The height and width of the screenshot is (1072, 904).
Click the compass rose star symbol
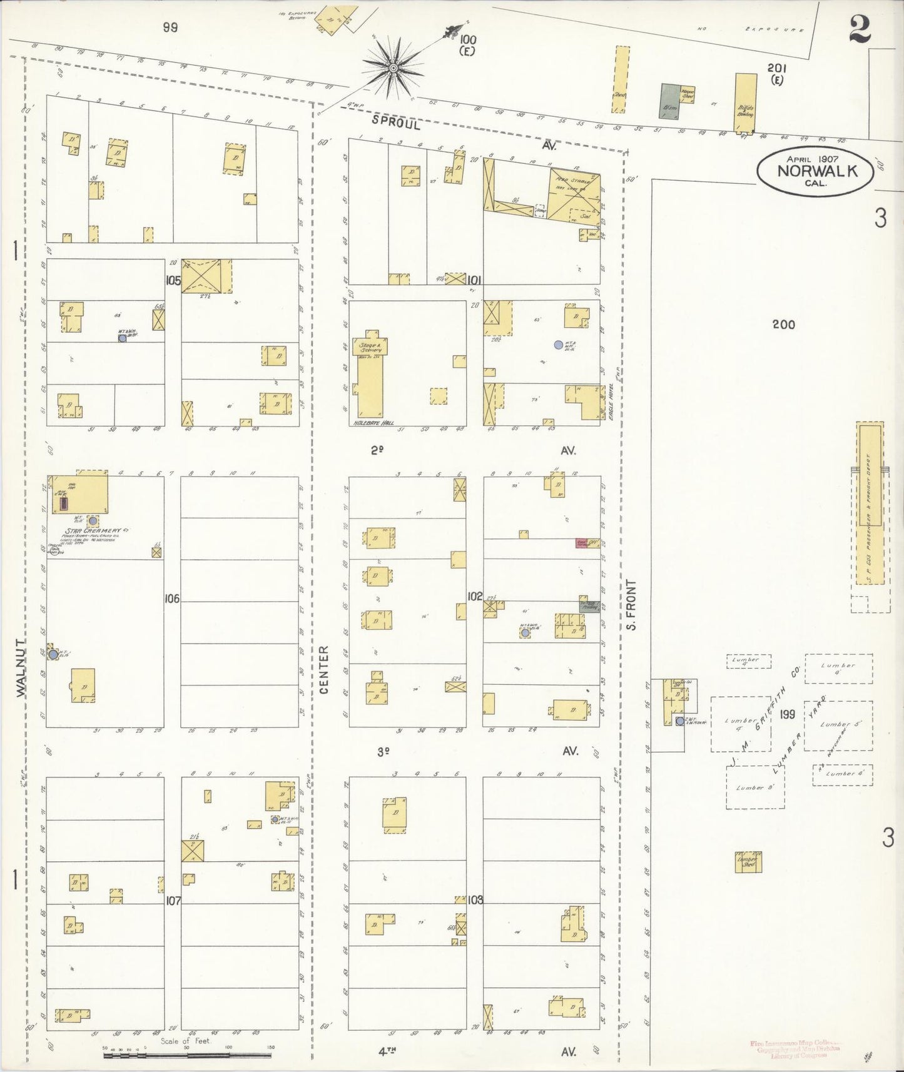393,68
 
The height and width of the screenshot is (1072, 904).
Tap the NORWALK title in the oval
816,171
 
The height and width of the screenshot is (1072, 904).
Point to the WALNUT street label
22,668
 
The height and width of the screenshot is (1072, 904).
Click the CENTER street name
323,670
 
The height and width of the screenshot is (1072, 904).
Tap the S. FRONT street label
631,605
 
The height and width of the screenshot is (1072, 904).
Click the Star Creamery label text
93,531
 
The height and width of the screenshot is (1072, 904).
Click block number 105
173,281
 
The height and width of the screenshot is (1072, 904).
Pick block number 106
172,599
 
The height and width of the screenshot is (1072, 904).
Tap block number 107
173,901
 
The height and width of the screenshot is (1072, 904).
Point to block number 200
783,324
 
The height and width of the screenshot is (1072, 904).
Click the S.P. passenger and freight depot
870,503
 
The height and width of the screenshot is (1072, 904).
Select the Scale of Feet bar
187,1055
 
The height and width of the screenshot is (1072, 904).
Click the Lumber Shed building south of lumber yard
748,861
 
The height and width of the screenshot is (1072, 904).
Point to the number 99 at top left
170,27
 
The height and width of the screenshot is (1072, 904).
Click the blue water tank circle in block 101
558,345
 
